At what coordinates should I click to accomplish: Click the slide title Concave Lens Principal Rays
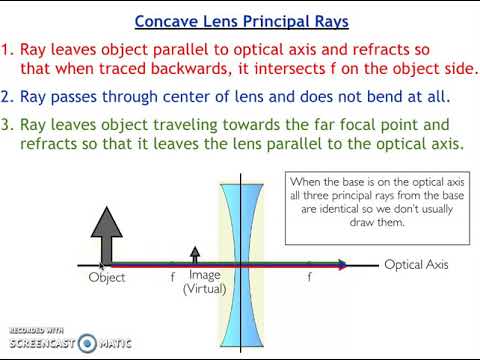(240, 20)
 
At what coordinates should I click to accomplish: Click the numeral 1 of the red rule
(8, 50)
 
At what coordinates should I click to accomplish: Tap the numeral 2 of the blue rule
(8, 97)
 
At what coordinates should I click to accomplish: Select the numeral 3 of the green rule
(8, 125)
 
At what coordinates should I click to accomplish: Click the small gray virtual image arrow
(195, 256)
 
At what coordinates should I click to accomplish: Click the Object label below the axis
(107, 278)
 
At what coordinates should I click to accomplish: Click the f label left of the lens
(172, 277)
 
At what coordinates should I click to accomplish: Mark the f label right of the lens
(308, 277)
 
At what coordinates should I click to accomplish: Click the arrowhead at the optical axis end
(343, 265)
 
